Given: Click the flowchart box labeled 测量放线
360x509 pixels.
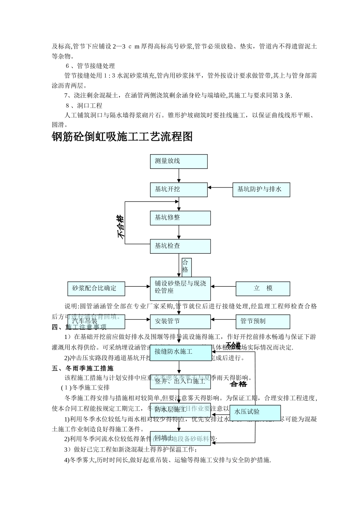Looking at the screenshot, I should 179,161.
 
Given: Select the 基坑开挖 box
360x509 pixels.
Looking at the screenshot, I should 179,189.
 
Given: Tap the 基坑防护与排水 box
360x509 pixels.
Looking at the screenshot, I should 261,189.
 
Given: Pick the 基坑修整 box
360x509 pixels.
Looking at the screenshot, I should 180,218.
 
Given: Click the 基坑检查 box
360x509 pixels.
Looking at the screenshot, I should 180,246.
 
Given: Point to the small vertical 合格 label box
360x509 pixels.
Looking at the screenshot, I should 186,267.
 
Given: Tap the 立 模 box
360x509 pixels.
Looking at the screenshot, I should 263,289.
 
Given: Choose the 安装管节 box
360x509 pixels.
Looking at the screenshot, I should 180,322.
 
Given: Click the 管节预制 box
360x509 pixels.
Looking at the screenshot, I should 263,322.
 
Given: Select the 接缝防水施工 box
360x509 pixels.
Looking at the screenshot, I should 181,352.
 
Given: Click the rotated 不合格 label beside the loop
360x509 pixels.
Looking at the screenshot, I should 121,226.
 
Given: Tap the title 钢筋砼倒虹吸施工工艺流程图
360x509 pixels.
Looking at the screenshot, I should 122,137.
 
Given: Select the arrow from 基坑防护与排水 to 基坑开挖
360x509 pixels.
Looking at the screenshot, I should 220,187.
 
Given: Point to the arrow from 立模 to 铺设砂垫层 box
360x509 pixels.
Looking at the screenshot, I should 223,287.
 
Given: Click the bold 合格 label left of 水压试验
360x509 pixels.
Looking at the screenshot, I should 238,384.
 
